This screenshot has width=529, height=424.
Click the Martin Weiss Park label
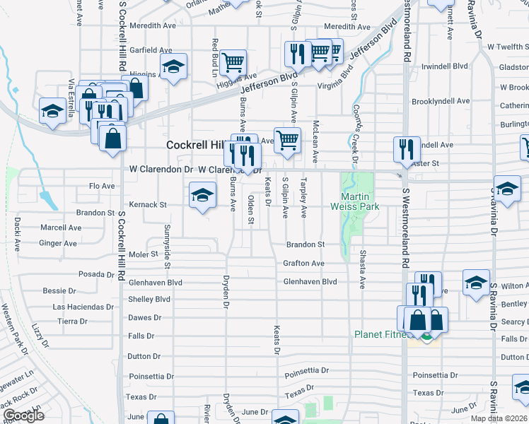(x=355, y=201)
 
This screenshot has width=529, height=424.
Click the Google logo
(x=23, y=416)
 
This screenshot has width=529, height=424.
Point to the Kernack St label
(x=148, y=205)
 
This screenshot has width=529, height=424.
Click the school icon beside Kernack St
(x=202, y=196)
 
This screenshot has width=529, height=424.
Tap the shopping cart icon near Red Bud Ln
(x=233, y=62)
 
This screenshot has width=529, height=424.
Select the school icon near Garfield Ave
(x=173, y=68)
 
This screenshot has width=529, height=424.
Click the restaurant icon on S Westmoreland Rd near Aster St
(x=407, y=149)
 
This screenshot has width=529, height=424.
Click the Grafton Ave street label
(x=303, y=264)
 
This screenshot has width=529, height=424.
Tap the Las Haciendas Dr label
(x=82, y=307)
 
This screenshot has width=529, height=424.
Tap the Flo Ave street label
(x=102, y=186)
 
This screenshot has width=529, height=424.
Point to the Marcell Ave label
(x=61, y=228)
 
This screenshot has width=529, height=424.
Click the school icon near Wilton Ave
(x=477, y=282)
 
